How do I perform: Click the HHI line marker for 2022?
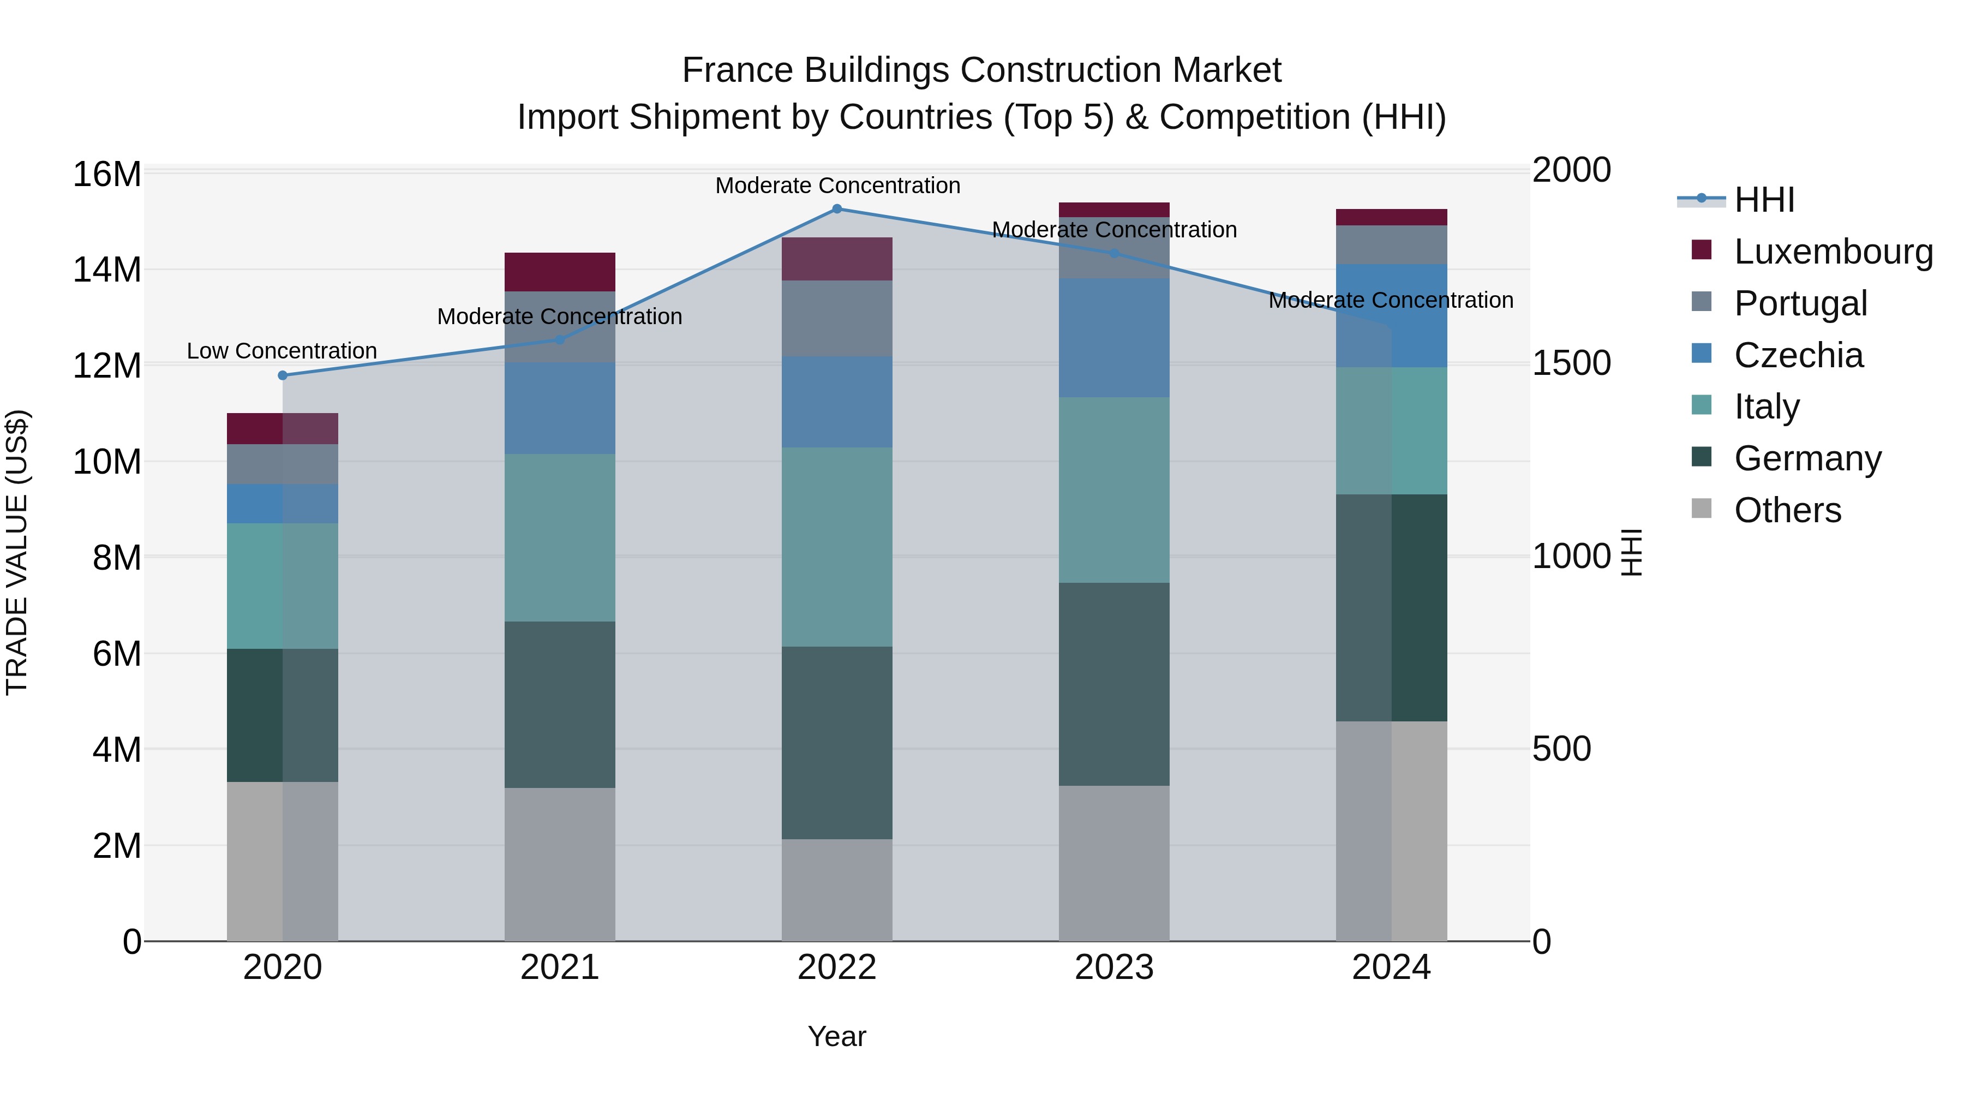836,209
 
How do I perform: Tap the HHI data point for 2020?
283,375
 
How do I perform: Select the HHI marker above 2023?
1114,253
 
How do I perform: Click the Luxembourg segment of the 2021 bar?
560,272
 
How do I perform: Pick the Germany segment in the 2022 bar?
836,743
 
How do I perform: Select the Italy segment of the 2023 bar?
1114,489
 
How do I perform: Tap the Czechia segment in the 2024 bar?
1391,316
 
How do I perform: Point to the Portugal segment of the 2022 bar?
836,318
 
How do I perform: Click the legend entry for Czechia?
1798,355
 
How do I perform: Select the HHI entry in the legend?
1763,200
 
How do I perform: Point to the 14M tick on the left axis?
107,270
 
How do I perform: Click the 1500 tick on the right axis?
1571,363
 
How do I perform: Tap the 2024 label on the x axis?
1391,967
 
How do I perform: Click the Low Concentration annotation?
282,351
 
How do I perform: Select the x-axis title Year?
836,1036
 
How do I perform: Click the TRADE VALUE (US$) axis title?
17,552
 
